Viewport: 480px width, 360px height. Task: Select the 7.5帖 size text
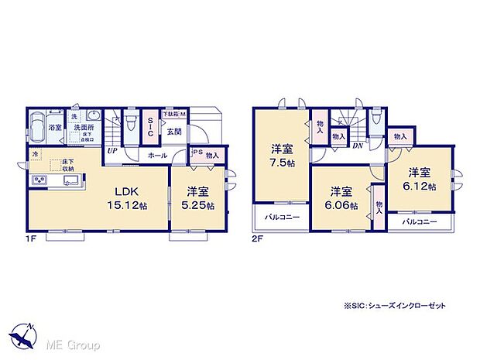(281, 164)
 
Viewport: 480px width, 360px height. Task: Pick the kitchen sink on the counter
(70, 182)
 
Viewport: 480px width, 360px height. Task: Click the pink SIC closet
(151, 128)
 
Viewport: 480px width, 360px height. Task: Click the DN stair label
(358, 146)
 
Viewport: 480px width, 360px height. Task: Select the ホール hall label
(157, 156)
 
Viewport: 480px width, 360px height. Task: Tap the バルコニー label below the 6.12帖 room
(419, 222)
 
